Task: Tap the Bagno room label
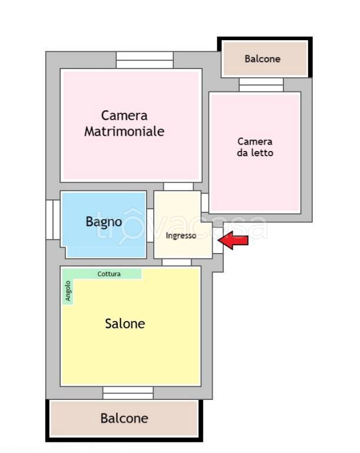point(104,222)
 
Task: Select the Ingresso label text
point(181,236)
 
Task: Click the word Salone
point(125,323)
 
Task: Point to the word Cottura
point(109,274)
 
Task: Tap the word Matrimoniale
point(124,131)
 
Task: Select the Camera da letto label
point(255,147)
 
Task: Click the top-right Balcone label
point(262,59)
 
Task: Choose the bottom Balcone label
point(124,418)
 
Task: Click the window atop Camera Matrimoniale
point(144,60)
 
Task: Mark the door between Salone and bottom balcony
point(128,392)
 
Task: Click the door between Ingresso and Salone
point(177,262)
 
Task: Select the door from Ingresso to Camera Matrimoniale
point(179,186)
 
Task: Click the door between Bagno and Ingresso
point(150,234)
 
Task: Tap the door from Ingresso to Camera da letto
point(205,203)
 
